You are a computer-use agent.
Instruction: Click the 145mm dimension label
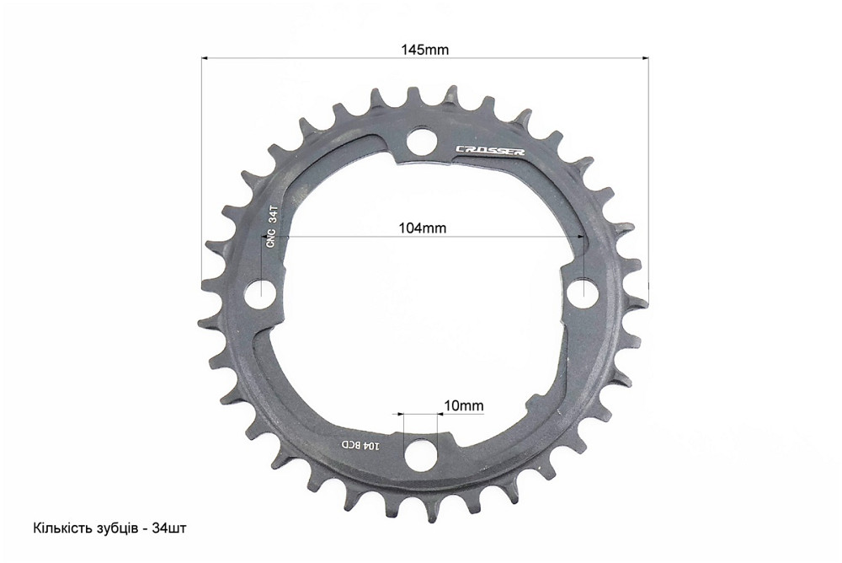tap(424, 49)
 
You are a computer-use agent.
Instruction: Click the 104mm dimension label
tap(422, 228)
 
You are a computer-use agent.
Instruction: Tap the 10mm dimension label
tap(463, 405)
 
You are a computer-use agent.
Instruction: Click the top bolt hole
tap(419, 143)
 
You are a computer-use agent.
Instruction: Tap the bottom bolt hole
tap(419, 456)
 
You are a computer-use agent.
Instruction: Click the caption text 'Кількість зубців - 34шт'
tap(109, 528)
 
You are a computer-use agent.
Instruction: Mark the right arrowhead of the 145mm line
tap(646, 58)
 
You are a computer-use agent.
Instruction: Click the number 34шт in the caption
tap(171, 528)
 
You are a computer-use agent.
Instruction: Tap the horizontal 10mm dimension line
tap(419, 415)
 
